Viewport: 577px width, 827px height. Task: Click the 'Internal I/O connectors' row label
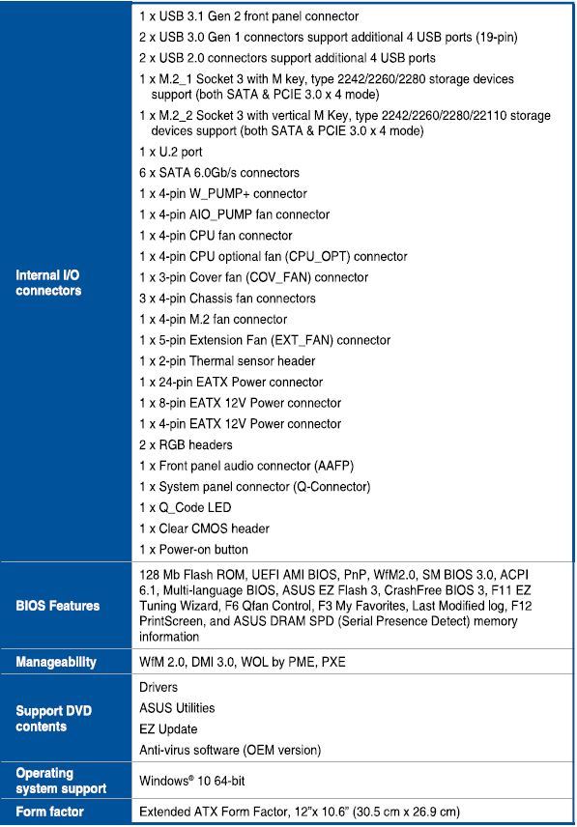48,283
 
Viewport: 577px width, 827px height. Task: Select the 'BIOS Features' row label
57,606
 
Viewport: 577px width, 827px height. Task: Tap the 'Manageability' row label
55,662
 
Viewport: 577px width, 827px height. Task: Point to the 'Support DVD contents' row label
53,718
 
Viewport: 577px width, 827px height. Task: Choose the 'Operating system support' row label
61,781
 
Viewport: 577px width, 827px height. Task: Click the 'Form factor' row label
49,812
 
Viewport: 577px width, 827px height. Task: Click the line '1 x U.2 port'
171,152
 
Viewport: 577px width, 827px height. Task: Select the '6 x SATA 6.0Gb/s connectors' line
219,173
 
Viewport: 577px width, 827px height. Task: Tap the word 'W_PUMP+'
230,194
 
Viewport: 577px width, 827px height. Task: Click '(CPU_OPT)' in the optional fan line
320,257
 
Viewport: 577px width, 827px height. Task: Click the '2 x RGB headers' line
186,445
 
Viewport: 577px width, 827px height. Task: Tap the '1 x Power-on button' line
193,550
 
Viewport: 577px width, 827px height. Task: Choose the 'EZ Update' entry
168,729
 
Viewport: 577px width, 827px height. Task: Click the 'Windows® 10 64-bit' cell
193,780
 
